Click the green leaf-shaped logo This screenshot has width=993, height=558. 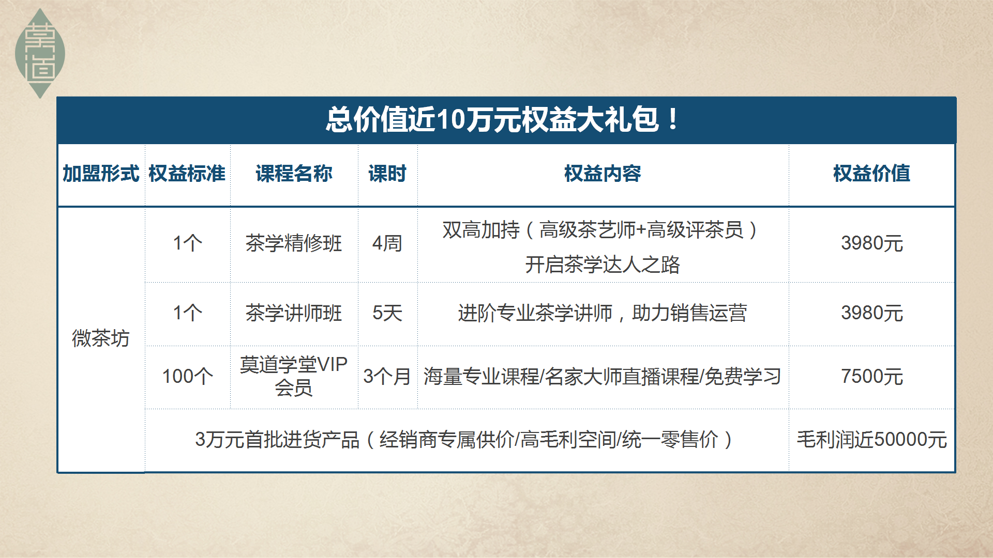[40, 53]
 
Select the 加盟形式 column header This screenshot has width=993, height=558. [101, 174]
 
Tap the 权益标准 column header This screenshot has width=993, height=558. [187, 174]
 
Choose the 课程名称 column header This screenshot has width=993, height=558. [294, 174]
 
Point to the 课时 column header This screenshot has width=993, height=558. [387, 174]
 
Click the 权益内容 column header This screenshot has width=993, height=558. [603, 174]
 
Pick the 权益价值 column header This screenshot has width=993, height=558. [871, 174]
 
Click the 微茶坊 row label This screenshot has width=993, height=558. [101, 338]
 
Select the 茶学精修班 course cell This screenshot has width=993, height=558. [294, 243]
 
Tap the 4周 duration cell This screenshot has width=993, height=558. [387, 243]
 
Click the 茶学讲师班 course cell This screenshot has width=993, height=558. [294, 313]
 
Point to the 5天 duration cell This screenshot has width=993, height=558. [387, 313]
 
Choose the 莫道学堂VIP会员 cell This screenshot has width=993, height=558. [294, 376]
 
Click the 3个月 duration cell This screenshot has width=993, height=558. [387, 376]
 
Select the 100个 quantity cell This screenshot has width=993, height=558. [188, 376]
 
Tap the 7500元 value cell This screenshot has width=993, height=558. [872, 376]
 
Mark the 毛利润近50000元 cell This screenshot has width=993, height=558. [872, 440]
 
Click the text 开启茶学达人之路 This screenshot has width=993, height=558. [603, 265]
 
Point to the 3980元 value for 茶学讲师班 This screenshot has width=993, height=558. [872, 313]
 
